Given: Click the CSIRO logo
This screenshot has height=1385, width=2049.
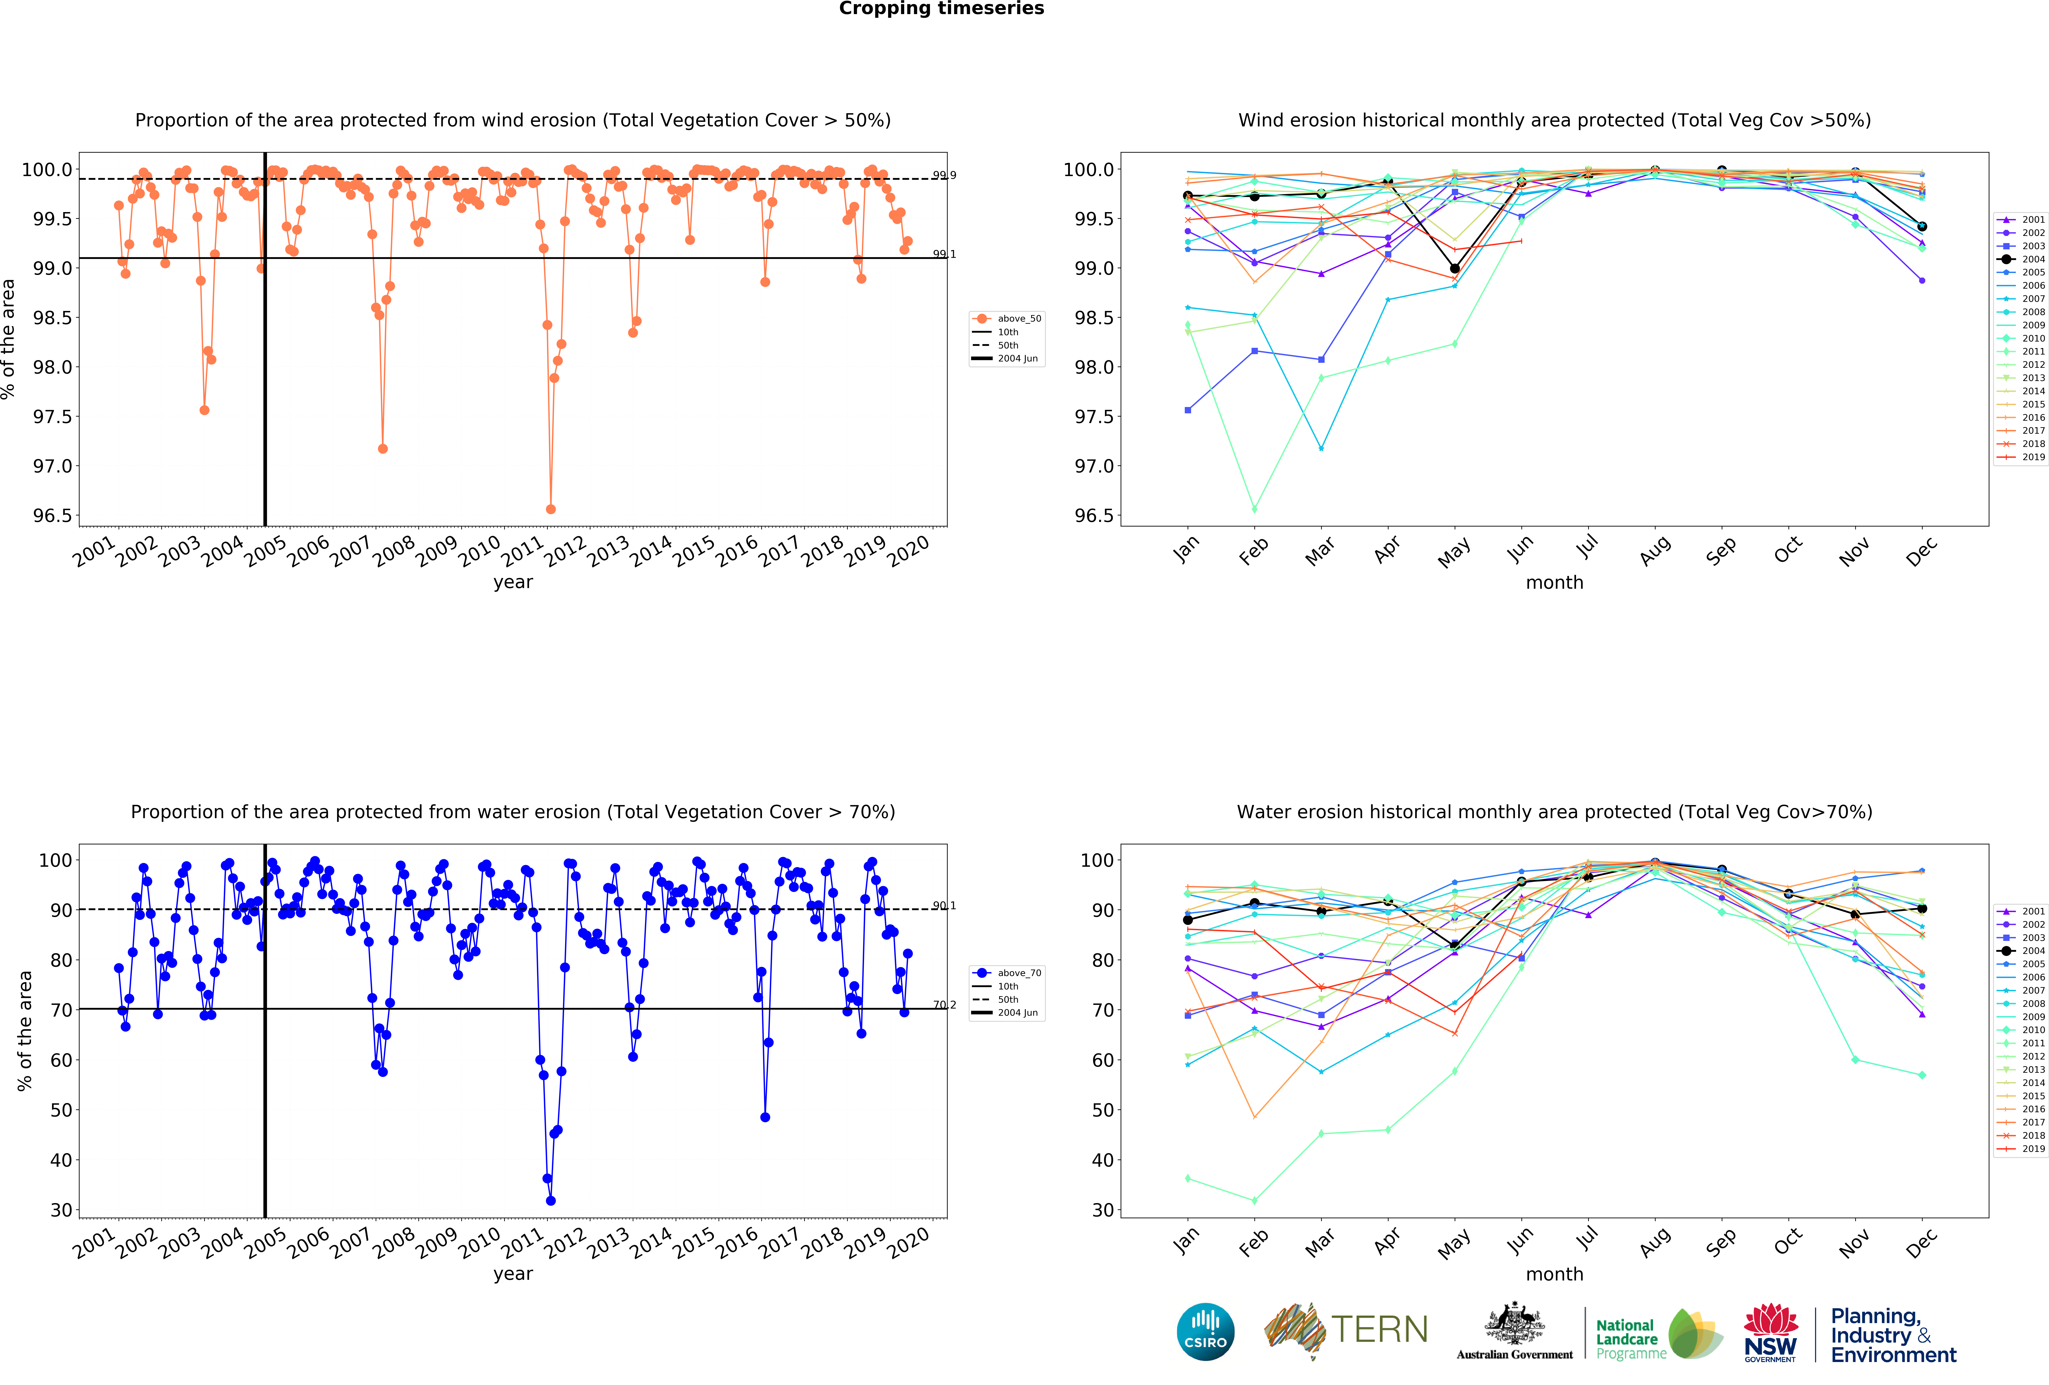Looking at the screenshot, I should point(1205,1332).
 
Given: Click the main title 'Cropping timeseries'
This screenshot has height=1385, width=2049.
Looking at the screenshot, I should point(941,9).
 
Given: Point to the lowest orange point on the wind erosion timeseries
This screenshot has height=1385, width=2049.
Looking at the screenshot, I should point(551,509).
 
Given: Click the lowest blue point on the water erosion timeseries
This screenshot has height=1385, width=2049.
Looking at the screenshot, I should point(551,1201).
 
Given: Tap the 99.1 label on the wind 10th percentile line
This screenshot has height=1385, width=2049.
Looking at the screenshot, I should point(944,254).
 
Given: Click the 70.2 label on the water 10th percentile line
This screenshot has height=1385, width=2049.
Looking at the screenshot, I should point(944,1005).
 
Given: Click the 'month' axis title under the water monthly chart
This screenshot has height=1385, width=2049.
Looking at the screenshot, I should point(1554,1274).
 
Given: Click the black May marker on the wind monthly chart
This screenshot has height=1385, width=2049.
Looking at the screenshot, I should point(1455,268).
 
